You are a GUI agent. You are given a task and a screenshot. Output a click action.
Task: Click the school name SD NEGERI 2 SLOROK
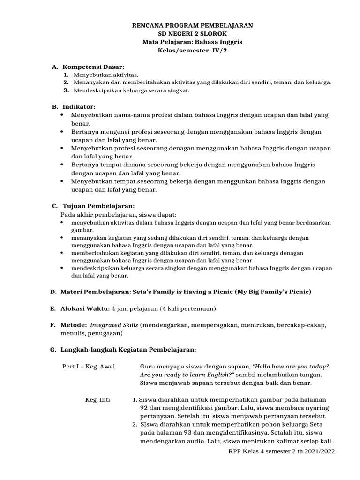(x=193, y=34)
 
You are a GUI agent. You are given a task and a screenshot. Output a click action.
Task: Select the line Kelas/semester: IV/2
(x=193, y=50)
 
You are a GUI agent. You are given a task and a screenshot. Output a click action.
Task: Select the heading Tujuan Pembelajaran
(x=97, y=206)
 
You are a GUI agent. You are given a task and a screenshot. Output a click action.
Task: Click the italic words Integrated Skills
(x=113, y=324)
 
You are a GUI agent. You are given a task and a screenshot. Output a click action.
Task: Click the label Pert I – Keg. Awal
(x=89, y=366)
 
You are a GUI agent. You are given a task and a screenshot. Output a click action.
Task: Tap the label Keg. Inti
(x=97, y=399)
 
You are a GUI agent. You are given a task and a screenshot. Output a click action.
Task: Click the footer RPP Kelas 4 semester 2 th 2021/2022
(x=281, y=451)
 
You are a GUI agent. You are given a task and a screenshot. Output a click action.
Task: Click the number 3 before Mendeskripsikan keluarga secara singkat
(x=66, y=90)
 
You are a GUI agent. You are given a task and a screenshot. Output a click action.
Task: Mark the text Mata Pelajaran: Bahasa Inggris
(x=193, y=42)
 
